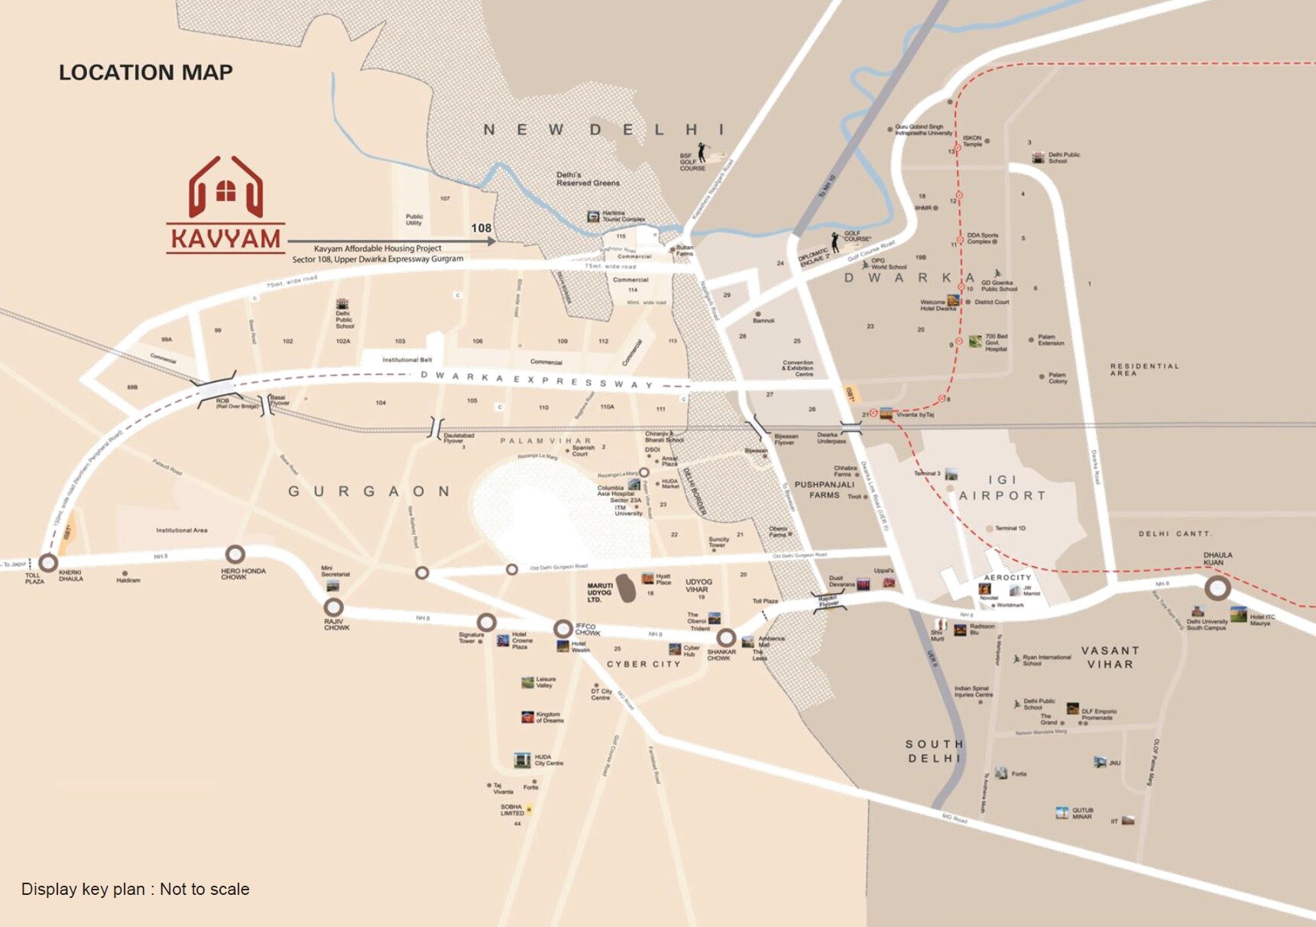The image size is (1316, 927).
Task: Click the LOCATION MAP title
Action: (146, 73)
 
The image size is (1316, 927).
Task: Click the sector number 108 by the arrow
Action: (481, 228)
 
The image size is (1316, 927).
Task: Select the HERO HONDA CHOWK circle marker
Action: (235, 554)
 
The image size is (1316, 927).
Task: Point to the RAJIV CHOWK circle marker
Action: (333, 608)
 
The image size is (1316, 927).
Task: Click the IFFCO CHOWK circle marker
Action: (563, 628)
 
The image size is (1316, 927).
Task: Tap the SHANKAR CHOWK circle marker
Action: (725, 637)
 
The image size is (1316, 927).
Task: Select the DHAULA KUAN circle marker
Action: (1217, 588)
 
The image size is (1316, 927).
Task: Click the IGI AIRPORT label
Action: (1002, 488)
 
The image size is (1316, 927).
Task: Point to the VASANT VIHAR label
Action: (1110, 657)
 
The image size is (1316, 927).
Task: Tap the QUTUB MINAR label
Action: (1082, 813)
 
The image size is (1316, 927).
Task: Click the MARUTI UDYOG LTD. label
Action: (600, 592)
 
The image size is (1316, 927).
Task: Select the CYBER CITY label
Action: (643, 664)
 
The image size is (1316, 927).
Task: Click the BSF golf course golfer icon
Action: (702, 153)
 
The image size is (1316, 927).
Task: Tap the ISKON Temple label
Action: (972, 141)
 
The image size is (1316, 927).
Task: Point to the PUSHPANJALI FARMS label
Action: (824, 489)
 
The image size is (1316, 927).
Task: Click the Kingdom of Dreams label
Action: (549, 717)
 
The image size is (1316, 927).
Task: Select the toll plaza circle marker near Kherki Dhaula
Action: (48, 563)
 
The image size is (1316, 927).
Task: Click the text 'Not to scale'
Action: (204, 889)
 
